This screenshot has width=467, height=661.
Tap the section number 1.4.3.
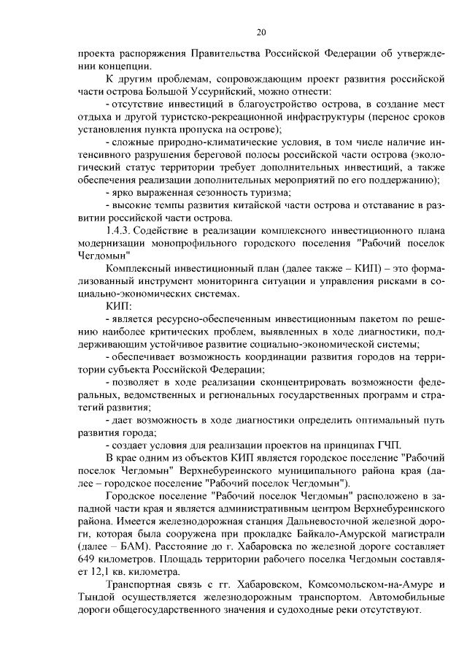[120, 231]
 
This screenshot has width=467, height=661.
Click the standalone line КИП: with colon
[118, 306]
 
